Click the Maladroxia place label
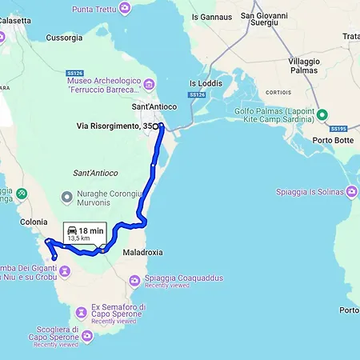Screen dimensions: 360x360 pyautogui.click(x=143, y=252)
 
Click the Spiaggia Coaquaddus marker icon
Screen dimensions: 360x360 pyautogui.click(x=134, y=278)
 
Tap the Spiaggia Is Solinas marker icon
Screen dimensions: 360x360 pyautogui.click(x=351, y=191)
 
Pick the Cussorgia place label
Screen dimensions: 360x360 pyautogui.click(x=64, y=37)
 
